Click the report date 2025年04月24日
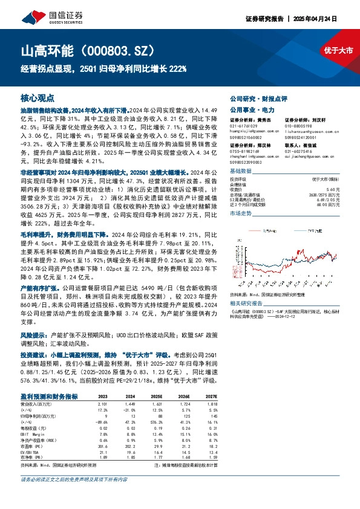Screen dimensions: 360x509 [x=329, y=19]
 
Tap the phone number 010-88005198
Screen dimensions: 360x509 [x=300, y=125]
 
